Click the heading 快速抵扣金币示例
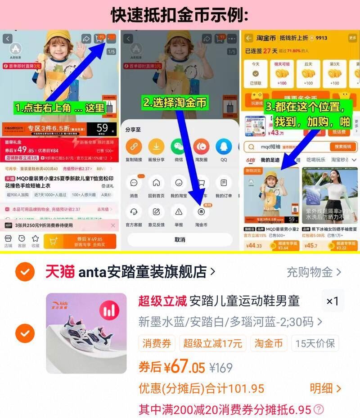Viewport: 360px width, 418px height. tap(180, 15)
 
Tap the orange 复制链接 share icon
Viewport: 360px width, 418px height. tap(134, 147)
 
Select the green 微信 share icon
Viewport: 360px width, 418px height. tap(179, 147)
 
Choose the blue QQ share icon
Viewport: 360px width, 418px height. tap(224, 147)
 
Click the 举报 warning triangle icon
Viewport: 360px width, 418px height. tap(179, 211)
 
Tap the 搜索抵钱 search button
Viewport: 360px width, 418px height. tap(343, 147)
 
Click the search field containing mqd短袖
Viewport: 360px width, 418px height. tap(288, 147)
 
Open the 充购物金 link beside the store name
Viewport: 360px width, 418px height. tap(314, 272)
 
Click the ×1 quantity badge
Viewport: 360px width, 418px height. tap(333, 301)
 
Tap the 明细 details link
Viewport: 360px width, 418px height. tap(325, 388)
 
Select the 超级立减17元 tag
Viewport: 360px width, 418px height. tap(212, 344)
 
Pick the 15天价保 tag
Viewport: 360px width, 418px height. tap(315, 344)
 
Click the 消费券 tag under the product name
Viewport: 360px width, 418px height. tap(157, 344)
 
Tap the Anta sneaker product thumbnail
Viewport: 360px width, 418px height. tap(86, 333)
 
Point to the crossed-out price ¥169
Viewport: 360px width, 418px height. tap(221, 368)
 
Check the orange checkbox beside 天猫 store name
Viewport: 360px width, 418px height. tap(25, 272)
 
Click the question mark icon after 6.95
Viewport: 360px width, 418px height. tap(319, 409)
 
